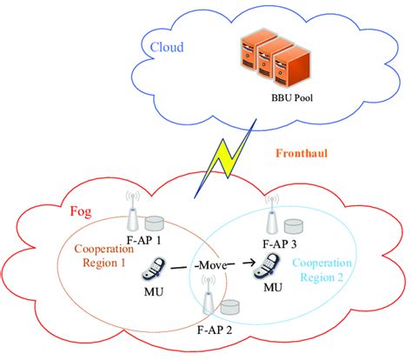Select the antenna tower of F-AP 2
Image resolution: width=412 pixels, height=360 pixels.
209,297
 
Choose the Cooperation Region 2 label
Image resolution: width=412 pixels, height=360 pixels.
321,269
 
